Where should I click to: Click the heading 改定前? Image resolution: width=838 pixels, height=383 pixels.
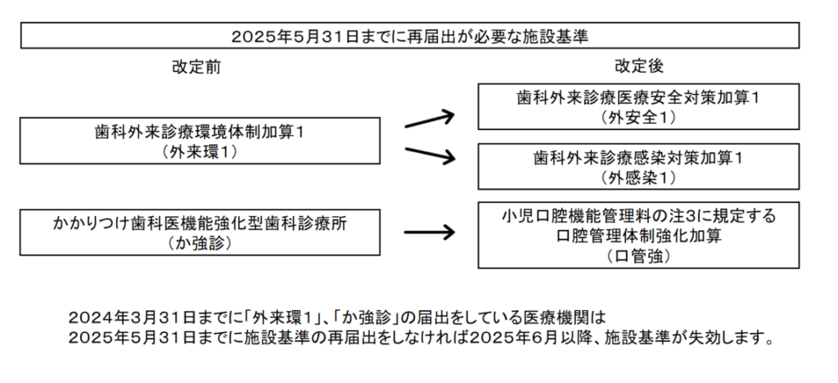point(196,67)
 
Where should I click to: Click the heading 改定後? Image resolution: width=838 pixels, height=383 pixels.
point(638,66)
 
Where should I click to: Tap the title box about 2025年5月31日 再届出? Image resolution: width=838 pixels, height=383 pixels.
point(410,36)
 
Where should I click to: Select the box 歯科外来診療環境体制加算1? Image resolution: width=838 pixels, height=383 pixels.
point(200,141)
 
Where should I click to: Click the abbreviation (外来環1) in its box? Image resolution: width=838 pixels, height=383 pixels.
point(200,151)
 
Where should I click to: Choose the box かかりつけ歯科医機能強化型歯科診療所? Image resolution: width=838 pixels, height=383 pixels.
point(200,232)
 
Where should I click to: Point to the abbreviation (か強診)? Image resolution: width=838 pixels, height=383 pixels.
point(200,243)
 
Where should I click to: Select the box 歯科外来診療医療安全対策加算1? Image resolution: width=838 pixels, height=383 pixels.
point(638,106)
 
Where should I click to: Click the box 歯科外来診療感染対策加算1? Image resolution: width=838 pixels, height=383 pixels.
point(638,166)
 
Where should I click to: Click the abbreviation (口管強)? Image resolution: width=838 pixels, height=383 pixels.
point(638,256)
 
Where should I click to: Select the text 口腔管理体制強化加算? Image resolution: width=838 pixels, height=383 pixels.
point(638,237)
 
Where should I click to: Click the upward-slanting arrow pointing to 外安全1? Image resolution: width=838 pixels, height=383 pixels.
point(430,119)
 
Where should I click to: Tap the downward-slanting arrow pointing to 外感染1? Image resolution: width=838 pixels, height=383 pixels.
point(430,154)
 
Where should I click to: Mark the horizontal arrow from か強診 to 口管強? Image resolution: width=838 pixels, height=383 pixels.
point(429,232)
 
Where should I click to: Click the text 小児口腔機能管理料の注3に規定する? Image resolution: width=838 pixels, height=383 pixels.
point(638,216)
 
